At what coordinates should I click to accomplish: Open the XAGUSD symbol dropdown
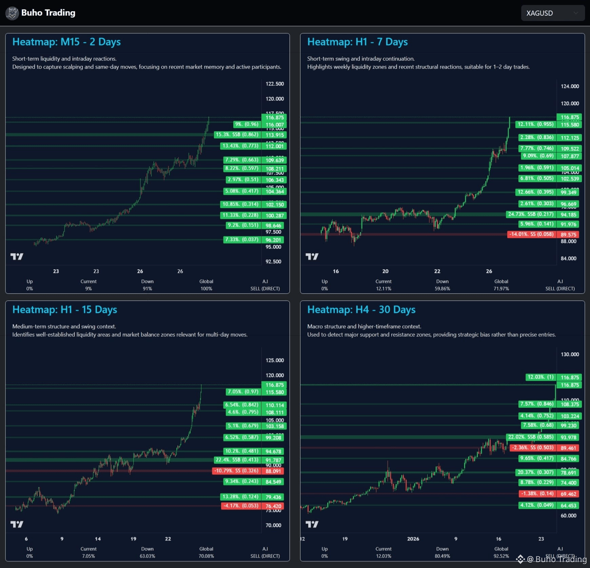(552, 13)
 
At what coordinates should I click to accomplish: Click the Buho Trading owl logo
(12, 13)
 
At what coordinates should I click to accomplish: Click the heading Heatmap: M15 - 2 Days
(66, 42)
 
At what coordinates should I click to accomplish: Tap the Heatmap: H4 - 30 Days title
(361, 310)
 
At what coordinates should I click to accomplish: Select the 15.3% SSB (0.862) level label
(237, 135)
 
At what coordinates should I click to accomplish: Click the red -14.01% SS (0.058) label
(531, 234)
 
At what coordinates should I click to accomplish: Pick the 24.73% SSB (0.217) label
(531, 214)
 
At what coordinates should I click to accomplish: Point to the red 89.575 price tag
(568, 235)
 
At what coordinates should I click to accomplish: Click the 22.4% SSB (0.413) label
(237, 460)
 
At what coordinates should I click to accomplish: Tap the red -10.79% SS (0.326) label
(236, 471)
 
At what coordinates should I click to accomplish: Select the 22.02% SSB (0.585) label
(531, 437)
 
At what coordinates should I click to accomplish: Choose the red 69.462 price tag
(568, 494)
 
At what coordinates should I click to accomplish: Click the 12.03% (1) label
(540, 377)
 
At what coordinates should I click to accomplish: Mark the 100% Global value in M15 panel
(206, 289)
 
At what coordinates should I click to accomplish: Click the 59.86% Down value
(442, 289)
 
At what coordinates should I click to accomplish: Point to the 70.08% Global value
(206, 556)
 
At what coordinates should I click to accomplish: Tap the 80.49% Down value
(442, 556)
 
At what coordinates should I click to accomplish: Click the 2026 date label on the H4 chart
(413, 539)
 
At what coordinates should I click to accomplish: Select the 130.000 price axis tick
(570, 354)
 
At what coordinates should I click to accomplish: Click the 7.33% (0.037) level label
(242, 240)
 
